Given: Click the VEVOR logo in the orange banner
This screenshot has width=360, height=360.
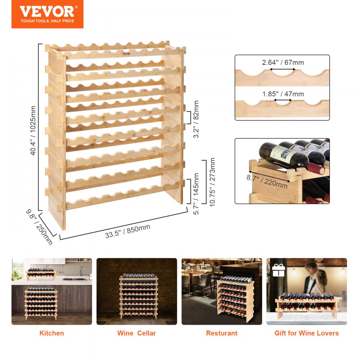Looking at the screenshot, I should pyautogui.click(x=47, y=11).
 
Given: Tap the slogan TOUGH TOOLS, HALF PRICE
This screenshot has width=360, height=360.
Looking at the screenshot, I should pyautogui.click(x=47, y=21).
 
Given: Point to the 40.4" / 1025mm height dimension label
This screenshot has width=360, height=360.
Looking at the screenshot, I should pyautogui.click(x=33, y=131).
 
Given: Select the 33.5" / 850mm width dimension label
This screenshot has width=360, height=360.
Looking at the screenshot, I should pyautogui.click(x=127, y=231).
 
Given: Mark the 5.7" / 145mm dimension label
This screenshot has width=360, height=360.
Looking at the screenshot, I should pyautogui.click(x=196, y=194).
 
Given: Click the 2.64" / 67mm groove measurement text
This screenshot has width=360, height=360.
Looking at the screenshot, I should pyautogui.click(x=283, y=63).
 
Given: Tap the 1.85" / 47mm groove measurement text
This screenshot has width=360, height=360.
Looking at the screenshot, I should pyautogui.click(x=283, y=94).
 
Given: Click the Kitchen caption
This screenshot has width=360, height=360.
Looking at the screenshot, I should pyautogui.click(x=51, y=333).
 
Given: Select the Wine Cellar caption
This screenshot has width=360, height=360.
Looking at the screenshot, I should pyautogui.click(x=136, y=333).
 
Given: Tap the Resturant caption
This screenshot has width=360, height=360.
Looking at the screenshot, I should pyautogui.click(x=221, y=333).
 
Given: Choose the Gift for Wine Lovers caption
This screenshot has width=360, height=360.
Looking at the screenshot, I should pyautogui.click(x=306, y=333).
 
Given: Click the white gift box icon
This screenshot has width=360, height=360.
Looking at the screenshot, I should pyautogui.click(x=278, y=270).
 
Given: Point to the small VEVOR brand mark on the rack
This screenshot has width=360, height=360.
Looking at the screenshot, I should pyautogui.click(x=126, y=54).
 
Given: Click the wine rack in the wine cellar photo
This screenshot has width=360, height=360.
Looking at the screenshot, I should pyautogui.click(x=138, y=296).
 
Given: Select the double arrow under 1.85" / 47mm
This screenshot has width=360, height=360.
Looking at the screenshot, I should pyautogui.click(x=283, y=101).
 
